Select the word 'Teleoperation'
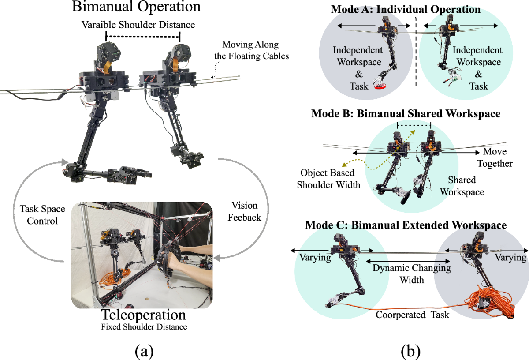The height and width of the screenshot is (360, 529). coord(143,315)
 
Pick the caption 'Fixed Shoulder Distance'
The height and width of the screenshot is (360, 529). coord(143,327)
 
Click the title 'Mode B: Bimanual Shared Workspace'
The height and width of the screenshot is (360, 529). coord(406,114)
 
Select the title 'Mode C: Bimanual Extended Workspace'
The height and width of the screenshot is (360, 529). coord(406,225)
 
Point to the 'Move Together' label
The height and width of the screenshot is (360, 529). coord(498,157)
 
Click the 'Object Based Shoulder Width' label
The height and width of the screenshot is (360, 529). coord(328,178)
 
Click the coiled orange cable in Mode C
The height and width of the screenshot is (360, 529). coord(489,304)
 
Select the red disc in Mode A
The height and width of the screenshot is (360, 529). coord(380,86)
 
